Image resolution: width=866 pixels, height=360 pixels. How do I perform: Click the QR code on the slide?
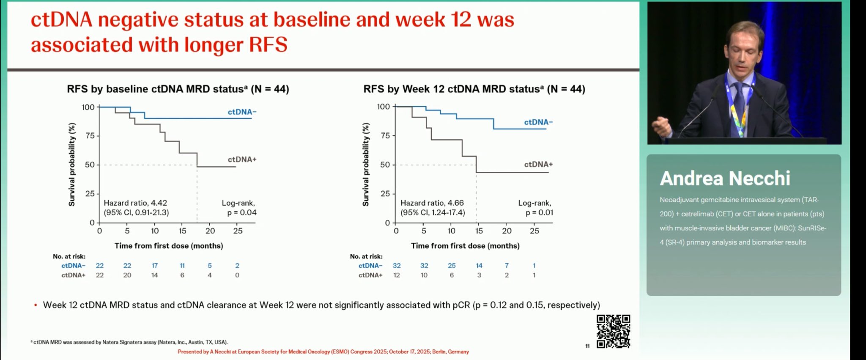coord(613,331)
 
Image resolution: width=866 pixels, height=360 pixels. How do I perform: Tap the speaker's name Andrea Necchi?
coord(725,179)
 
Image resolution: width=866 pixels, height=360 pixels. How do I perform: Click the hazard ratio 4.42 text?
coord(135,203)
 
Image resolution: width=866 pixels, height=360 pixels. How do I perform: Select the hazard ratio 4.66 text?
coord(432,203)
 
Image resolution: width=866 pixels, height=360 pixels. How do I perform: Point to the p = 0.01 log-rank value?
coord(539,212)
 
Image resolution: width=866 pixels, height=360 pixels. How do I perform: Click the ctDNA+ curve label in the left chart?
coord(242,159)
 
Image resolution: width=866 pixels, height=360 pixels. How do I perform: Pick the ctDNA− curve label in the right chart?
coord(538,122)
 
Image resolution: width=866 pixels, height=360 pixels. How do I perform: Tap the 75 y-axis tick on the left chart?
coord(90,136)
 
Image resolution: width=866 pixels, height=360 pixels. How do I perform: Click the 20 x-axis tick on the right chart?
coord(507,231)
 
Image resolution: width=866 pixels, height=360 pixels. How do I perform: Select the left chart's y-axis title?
coord(72,165)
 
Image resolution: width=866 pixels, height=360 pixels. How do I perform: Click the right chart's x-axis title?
coord(465,246)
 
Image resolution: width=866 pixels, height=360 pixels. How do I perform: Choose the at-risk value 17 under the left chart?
coord(155,266)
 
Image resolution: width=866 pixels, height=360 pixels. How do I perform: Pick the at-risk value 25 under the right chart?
coord(452,266)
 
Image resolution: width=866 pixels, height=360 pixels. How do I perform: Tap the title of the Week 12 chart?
coord(474,89)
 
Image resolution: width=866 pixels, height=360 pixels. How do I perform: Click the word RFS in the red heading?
coord(268,45)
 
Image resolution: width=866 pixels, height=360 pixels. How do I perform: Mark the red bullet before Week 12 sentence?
coord(36,305)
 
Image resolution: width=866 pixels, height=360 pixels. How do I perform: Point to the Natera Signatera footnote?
coord(129,342)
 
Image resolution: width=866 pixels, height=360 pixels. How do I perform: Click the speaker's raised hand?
coord(661,125)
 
